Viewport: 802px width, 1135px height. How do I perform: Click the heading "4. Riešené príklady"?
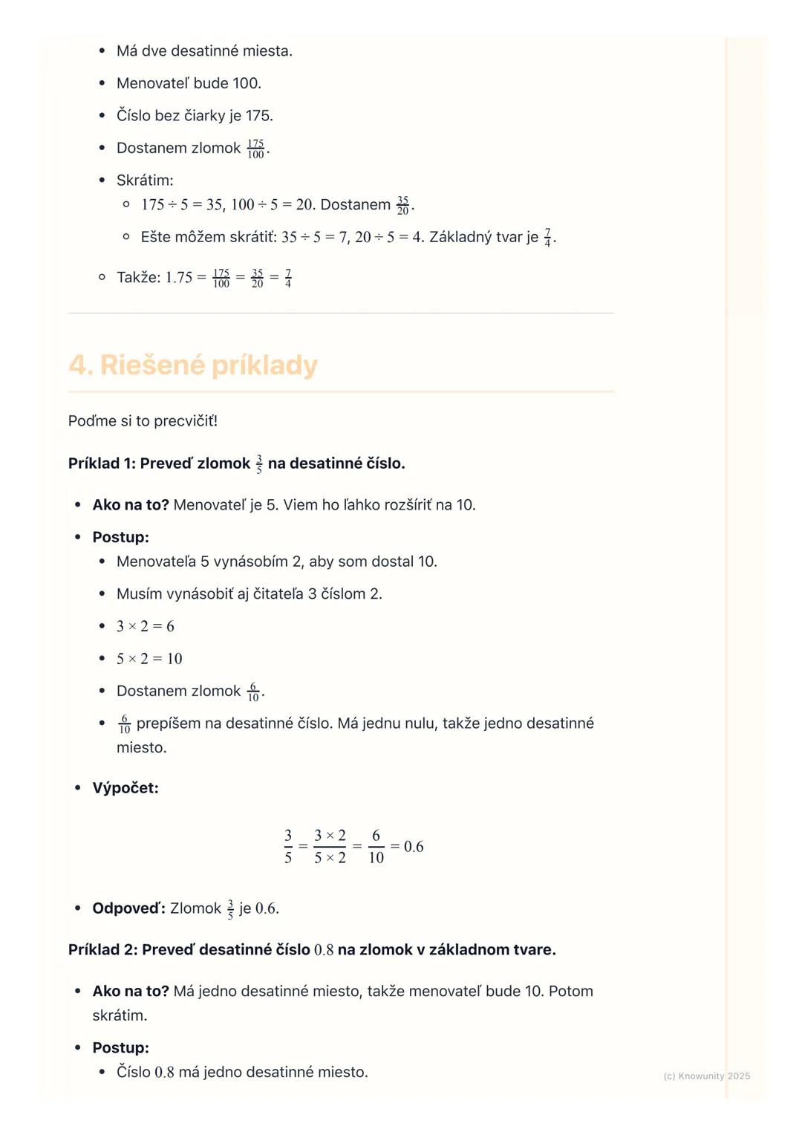click(x=193, y=365)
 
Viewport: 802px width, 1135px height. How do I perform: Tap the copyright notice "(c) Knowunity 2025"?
click(x=706, y=1076)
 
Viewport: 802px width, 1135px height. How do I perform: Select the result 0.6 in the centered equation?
click(x=414, y=847)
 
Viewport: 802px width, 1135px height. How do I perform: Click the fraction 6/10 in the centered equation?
click(x=376, y=847)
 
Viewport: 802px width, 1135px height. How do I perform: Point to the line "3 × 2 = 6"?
click(x=146, y=626)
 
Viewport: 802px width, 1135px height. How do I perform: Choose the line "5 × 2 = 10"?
click(x=149, y=659)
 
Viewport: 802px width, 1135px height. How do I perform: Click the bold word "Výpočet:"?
click(x=125, y=788)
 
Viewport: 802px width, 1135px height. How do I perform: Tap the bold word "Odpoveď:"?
click(x=128, y=908)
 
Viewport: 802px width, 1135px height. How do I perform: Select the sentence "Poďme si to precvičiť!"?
click(x=143, y=421)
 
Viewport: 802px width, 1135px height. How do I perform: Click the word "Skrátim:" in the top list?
click(x=145, y=181)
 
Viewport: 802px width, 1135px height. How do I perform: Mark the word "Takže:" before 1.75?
click(x=138, y=278)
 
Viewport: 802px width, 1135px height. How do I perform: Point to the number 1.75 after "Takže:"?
click(x=179, y=278)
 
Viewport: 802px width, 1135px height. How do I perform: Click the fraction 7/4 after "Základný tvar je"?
click(x=548, y=238)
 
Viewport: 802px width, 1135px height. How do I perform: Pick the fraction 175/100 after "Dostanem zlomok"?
click(x=255, y=149)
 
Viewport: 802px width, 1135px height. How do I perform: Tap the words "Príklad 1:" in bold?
click(x=101, y=464)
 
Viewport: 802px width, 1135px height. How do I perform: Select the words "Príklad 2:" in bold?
click(x=102, y=950)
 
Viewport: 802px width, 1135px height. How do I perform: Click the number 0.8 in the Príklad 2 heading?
click(x=324, y=950)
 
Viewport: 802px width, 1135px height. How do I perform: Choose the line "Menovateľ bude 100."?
click(x=189, y=83)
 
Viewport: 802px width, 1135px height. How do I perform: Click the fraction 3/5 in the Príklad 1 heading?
click(x=259, y=464)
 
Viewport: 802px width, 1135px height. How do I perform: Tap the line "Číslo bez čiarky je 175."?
click(x=195, y=116)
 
